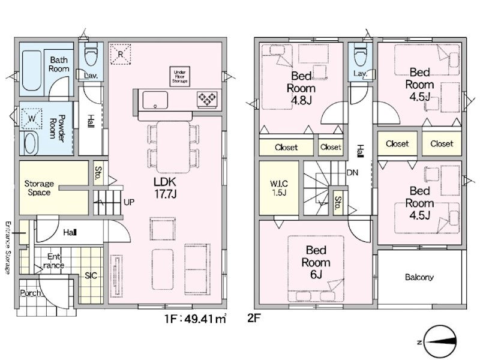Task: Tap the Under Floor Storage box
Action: [179, 76]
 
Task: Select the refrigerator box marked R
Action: [121, 54]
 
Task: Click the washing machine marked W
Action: [32, 118]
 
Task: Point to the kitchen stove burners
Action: [207, 98]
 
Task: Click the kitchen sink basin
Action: [155, 100]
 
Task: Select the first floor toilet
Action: [91, 53]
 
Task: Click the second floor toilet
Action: [361, 54]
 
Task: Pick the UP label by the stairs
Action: [129, 202]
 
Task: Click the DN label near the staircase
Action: [352, 173]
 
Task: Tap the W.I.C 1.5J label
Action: [279, 188]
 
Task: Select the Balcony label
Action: [419, 277]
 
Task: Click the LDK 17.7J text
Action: [165, 187]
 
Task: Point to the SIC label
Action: [91, 276]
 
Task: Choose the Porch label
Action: [30, 293]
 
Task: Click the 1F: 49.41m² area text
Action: [196, 319]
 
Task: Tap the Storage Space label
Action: [39, 188]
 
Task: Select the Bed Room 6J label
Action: [316, 262]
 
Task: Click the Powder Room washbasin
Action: [31, 143]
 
